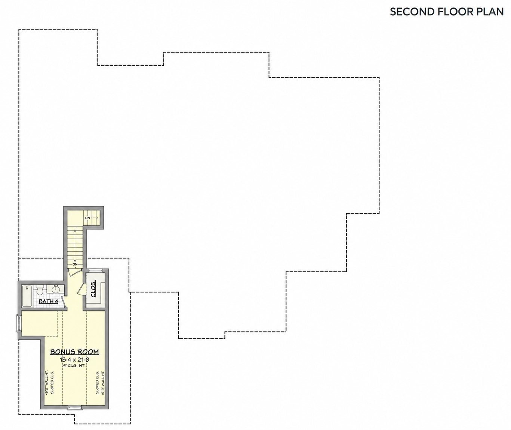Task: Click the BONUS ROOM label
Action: point(74,352)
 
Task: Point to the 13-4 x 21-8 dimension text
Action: point(74,360)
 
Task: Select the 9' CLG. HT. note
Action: point(74,366)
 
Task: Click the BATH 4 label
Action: point(49,301)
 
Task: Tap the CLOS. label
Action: point(93,288)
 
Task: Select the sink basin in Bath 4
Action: point(56,289)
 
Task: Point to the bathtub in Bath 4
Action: point(27,296)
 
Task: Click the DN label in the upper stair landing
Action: point(87,218)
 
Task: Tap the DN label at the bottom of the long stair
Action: point(75,264)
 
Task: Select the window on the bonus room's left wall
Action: point(19,323)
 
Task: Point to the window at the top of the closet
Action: point(95,270)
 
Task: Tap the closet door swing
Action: point(81,289)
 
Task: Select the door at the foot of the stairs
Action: point(75,272)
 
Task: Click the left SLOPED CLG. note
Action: point(52,383)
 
